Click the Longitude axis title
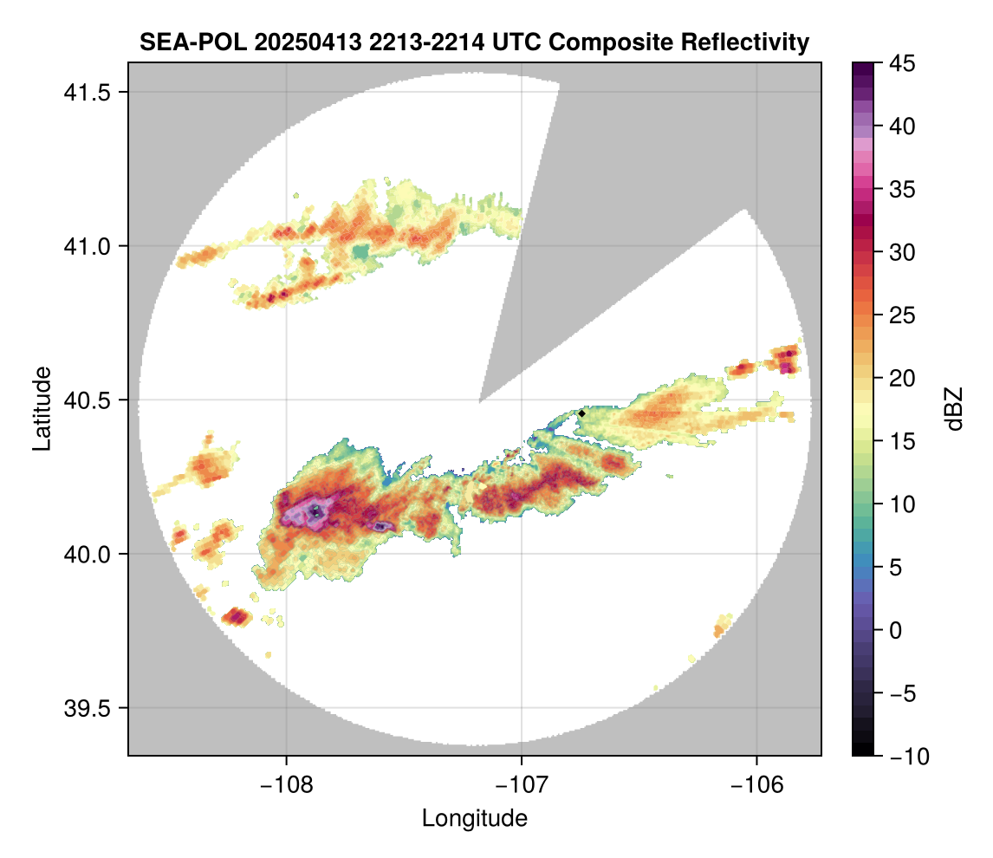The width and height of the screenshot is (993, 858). click(474, 818)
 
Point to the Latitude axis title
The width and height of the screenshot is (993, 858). click(41, 407)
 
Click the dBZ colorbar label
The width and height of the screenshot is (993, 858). click(954, 409)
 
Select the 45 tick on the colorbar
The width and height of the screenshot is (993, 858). click(902, 63)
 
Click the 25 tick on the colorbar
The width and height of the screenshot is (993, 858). click(902, 315)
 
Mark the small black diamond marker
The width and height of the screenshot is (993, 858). click(582, 413)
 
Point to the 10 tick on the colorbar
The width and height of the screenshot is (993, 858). click(902, 504)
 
